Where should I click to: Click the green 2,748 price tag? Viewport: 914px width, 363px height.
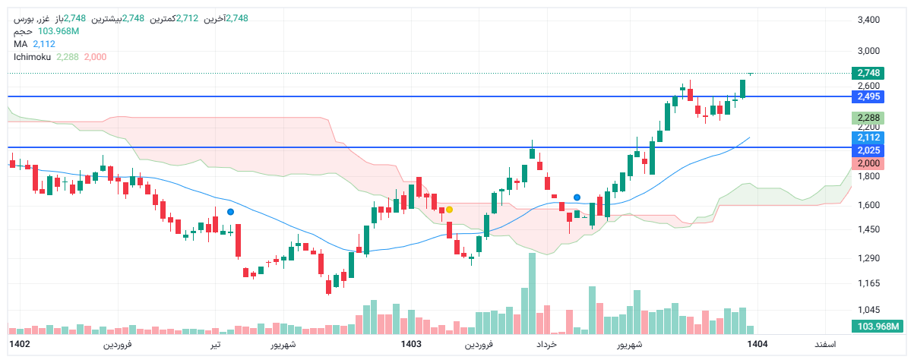tap(868, 73)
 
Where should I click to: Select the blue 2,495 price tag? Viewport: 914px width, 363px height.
tap(868, 96)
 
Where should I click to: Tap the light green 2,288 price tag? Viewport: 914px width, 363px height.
tap(868, 118)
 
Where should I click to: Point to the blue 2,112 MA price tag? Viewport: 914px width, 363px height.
tap(868, 137)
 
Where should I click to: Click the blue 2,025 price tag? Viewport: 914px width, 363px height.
tap(868, 150)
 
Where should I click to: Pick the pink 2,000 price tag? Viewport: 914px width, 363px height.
tap(868, 163)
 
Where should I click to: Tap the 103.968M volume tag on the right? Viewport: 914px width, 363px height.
tap(878, 327)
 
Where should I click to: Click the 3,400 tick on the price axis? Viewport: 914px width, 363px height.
tap(868, 20)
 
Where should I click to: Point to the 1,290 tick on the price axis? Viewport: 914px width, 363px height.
tap(868, 258)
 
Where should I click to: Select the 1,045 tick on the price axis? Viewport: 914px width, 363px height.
tap(868, 310)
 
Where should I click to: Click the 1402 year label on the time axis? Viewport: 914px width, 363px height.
tap(20, 344)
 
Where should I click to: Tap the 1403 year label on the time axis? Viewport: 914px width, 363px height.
tap(411, 344)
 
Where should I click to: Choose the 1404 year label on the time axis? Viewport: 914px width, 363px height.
tap(757, 344)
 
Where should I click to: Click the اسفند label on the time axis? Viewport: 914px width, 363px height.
tap(825, 344)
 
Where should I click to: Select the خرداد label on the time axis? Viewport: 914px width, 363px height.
tap(547, 344)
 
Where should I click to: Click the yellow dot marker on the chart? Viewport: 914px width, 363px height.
tap(449, 209)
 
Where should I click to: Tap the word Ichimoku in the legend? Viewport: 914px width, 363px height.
tap(33, 57)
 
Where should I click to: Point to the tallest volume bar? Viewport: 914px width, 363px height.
tap(532, 293)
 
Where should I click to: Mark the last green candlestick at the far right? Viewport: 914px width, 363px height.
tap(742, 88)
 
